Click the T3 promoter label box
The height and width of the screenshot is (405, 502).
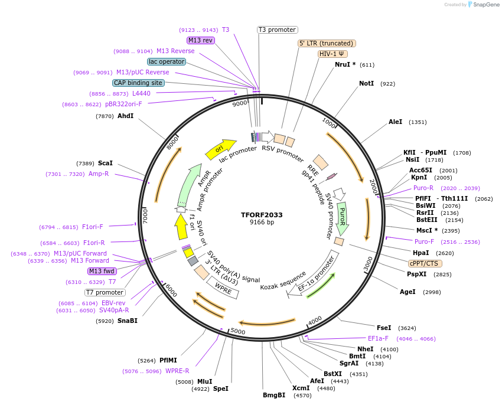point(278,30)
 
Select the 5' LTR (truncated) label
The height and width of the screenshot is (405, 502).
point(327,43)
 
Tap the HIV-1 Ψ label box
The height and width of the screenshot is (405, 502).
point(333,54)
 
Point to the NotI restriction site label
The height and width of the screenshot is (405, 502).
point(366,84)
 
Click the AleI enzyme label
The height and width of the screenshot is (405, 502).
point(395,122)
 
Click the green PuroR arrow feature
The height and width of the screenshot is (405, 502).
point(343,216)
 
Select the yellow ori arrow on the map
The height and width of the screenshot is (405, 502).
point(220,149)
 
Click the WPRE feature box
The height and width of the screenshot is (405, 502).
point(223,289)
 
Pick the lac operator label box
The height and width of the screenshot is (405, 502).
point(167,61)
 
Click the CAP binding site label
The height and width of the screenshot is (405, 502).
point(138,83)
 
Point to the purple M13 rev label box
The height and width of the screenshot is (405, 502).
point(200,40)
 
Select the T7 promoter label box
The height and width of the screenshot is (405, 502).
point(105,292)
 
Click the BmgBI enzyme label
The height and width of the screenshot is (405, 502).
point(274,395)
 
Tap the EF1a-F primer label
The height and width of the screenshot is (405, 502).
point(378,338)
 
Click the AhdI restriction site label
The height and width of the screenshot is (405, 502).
point(126,116)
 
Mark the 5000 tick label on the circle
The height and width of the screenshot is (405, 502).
point(237,331)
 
